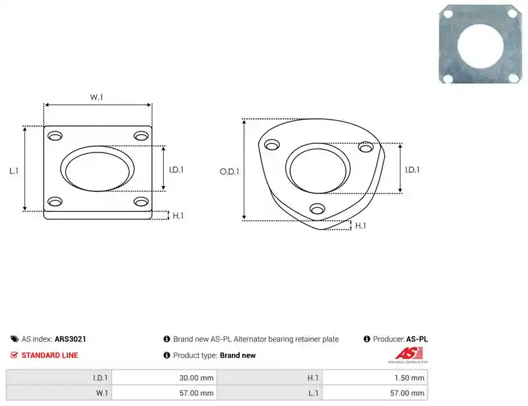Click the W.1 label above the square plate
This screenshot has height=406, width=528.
click(96, 97)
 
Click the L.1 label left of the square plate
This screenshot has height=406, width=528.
click(14, 171)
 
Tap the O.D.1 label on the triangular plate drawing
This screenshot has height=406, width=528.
click(229, 172)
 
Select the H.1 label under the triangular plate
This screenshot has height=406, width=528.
click(360, 225)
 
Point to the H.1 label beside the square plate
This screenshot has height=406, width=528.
click(178, 216)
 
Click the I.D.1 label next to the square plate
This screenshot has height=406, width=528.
click(176, 170)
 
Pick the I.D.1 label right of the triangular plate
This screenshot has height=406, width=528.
click(412, 170)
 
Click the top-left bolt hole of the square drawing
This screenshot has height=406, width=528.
click(55, 136)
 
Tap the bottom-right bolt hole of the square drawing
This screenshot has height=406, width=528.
click(141, 201)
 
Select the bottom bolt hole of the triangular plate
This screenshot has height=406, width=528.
click(317, 209)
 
